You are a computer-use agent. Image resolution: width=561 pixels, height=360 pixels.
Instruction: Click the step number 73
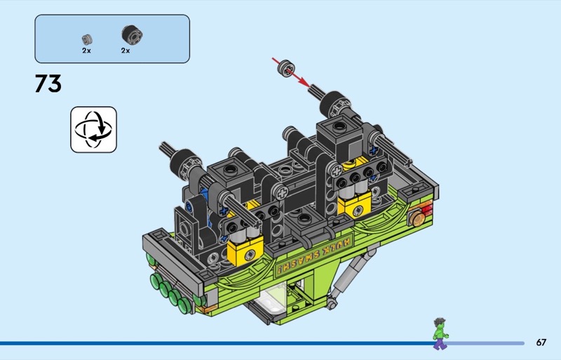coord(48,84)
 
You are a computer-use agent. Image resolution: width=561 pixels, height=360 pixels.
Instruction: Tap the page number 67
coord(541,342)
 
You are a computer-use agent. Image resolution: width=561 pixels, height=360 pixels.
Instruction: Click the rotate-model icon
coord(93,129)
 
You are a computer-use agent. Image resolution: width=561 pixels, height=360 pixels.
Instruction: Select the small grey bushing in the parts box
coord(87,39)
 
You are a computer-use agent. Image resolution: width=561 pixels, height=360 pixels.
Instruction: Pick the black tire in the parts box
coord(132,35)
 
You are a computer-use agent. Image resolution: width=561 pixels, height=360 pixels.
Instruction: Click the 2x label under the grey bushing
coord(86,51)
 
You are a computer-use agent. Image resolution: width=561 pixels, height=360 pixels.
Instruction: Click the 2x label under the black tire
coord(126,51)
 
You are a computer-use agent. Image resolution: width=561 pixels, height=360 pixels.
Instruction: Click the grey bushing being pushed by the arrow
coord(287,68)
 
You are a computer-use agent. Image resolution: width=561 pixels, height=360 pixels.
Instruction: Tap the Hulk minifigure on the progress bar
coord(440,333)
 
